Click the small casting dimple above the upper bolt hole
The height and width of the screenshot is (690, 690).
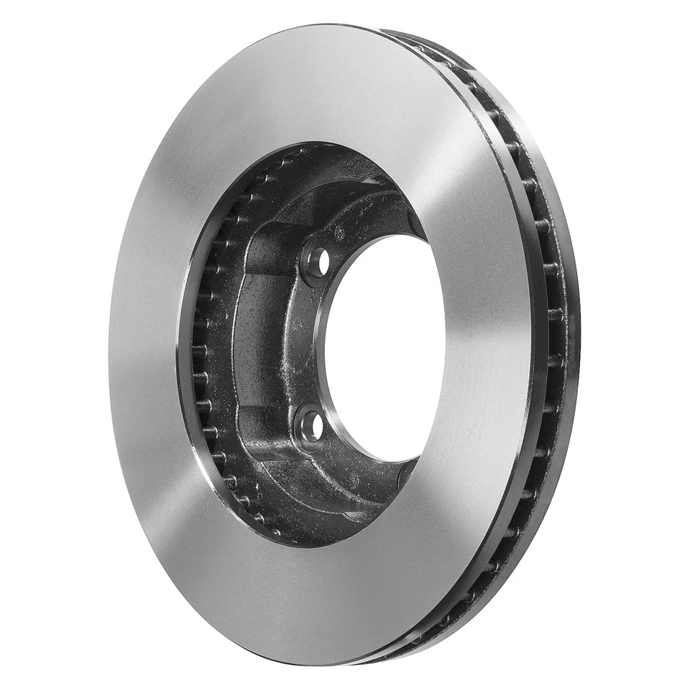point(339,232)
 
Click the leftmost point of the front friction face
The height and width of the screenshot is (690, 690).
point(110,345)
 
